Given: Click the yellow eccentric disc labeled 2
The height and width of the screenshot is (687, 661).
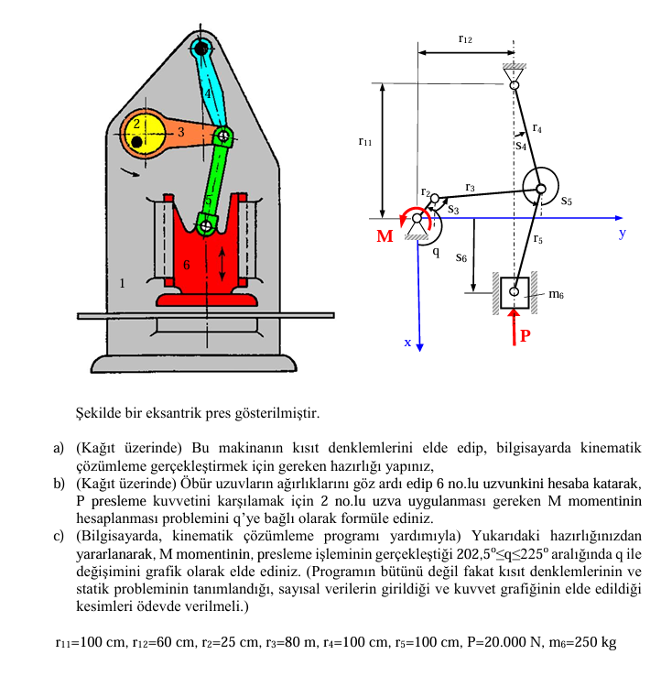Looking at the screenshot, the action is pos(143,133).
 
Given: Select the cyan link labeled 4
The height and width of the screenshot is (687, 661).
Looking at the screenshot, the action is pos(210,88).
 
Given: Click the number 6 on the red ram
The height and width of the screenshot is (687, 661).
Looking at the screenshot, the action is pos(187,265).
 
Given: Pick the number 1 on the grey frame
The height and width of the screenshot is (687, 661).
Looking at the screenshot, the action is pos(122,283).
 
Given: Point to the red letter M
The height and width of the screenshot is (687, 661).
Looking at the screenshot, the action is pos(385,236).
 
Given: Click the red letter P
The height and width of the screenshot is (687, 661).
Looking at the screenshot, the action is pos(526,335).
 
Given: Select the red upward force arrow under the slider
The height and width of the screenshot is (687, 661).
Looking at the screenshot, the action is pos(515,327).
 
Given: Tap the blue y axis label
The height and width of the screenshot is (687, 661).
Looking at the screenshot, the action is pos(622,233).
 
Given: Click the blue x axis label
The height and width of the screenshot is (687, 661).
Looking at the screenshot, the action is pos(407,343).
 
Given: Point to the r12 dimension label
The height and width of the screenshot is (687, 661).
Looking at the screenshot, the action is pos(465,39).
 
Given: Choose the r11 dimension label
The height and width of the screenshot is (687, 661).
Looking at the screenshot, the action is pos(365,141).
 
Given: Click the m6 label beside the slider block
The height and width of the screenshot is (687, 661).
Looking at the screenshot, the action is pos(556,294).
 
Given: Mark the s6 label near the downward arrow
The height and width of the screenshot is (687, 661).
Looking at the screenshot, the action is pos(461,257).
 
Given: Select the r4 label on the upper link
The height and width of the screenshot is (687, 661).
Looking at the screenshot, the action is pos(537,127).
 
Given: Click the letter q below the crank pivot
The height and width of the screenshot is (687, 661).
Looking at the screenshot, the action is pos(436,252).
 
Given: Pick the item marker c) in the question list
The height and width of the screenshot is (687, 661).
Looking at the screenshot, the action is pos(59,536).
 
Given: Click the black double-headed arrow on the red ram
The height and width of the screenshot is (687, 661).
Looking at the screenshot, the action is pos(222,264).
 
